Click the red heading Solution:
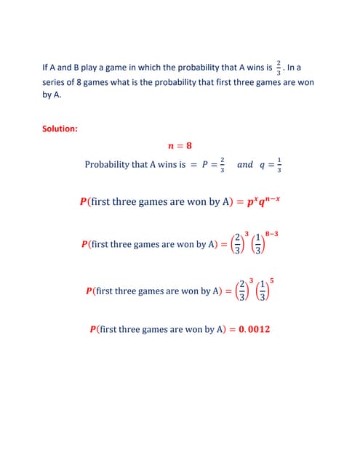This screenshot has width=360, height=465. [x=60, y=129]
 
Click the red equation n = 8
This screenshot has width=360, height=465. [x=180, y=145]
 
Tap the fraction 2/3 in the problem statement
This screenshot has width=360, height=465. [x=279, y=68]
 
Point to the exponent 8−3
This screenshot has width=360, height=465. [x=273, y=233]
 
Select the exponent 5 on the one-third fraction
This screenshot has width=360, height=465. [x=271, y=280]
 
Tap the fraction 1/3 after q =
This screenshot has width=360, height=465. [x=280, y=165]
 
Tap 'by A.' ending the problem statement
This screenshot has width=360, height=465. [x=52, y=95]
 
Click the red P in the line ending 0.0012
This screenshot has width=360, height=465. [x=92, y=329]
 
